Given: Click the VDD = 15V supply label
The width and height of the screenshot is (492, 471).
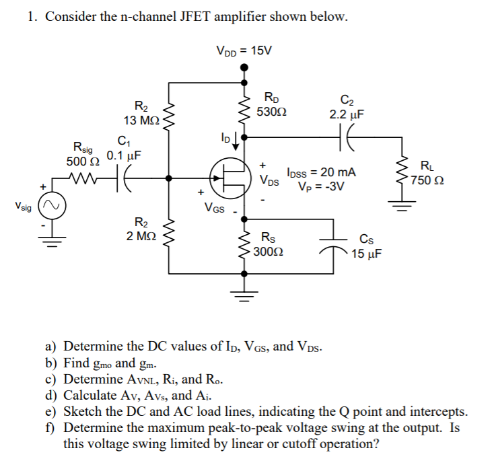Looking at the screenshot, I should [x=244, y=50].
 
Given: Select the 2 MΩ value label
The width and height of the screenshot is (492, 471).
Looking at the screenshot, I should [x=142, y=235].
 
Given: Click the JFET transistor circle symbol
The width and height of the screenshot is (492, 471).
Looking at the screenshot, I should [x=230, y=178].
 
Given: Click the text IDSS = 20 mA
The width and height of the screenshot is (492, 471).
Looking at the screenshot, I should [x=321, y=173].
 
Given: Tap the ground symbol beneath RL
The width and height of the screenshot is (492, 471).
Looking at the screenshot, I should [x=403, y=207].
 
